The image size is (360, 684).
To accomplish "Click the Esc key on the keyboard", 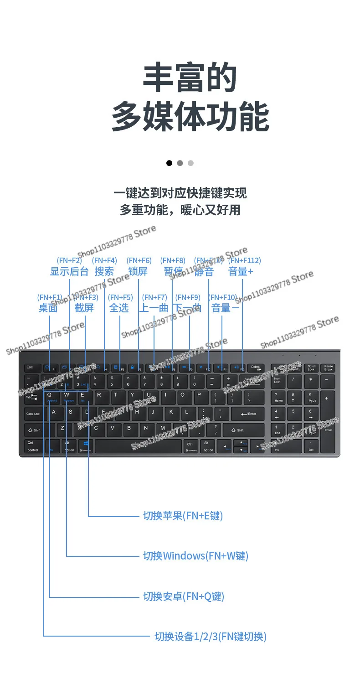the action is [30, 368].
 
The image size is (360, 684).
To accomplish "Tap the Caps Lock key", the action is [33, 414].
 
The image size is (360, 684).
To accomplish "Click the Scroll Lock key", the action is [311, 368].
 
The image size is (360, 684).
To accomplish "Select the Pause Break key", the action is [329, 368].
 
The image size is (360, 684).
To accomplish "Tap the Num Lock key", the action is [278, 381].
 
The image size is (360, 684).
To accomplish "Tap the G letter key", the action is [121, 412].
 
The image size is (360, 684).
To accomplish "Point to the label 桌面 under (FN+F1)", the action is [48, 308].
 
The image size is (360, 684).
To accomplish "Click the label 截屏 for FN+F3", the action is [84, 308].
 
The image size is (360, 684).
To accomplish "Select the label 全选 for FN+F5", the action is [119, 308].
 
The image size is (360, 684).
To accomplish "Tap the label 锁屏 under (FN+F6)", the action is [138, 271].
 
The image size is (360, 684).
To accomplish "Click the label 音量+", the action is [241, 271].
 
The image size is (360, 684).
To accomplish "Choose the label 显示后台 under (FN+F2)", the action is [69, 271].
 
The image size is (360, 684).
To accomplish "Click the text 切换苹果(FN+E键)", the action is [183, 516].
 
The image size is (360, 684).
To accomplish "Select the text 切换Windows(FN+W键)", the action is [195, 556].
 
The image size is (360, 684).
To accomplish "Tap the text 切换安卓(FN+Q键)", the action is [184, 596].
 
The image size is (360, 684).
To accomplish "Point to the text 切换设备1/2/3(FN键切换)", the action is [210, 637].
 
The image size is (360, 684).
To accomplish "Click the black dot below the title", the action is [169, 163].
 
